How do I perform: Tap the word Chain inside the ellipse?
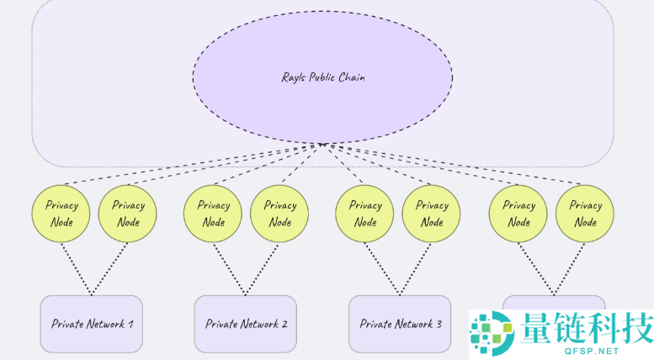[x=351, y=77]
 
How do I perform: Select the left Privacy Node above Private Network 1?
[x=61, y=214]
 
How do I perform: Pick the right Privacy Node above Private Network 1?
[x=128, y=214]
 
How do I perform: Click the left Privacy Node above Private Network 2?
[x=213, y=214]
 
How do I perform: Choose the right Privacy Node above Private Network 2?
[x=279, y=214]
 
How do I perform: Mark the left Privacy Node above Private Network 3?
[x=364, y=214]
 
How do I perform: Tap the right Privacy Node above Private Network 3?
[x=432, y=214]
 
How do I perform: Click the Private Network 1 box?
[x=91, y=324]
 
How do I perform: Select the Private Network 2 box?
[x=246, y=324]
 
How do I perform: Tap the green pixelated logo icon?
[x=492, y=333]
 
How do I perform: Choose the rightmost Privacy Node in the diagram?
[x=585, y=214]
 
